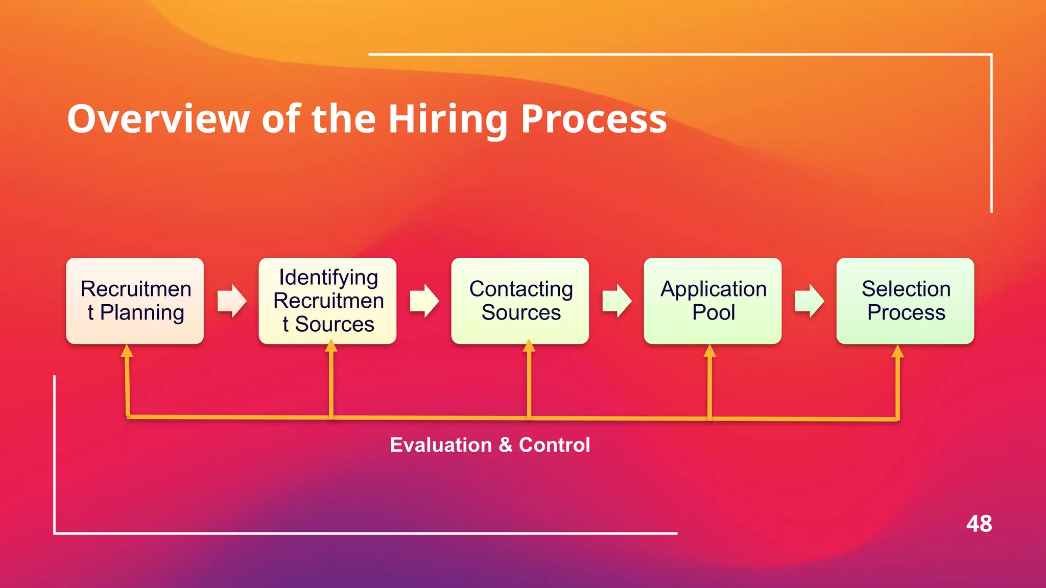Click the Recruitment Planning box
(135, 301)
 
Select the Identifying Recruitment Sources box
(327, 301)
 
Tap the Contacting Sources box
(520, 301)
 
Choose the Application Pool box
(712, 301)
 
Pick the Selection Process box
(905, 301)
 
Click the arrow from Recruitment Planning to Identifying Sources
(232, 301)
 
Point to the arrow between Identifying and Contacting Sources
(424, 301)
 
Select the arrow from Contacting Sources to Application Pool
(617, 301)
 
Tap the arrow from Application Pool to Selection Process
(810, 301)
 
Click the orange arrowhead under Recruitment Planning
(127, 351)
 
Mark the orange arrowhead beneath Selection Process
(897, 352)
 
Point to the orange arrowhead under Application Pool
(709, 351)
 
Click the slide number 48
(979, 524)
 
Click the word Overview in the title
(158, 119)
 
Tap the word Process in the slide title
(593, 119)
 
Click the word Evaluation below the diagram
(441, 445)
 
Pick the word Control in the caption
(554, 445)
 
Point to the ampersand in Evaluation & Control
(506, 445)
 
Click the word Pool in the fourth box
(714, 312)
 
